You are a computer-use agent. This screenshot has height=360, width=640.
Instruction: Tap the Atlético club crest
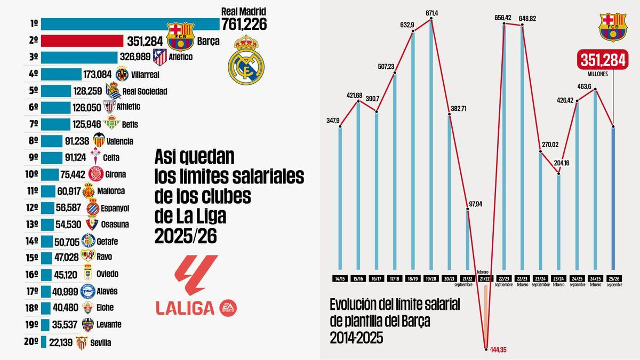coord(159,57)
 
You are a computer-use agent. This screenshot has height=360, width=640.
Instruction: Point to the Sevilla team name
coord(101,343)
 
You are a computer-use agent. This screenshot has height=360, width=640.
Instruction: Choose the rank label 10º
coord(31,174)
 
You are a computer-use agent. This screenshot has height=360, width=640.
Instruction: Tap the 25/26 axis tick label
coord(614,278)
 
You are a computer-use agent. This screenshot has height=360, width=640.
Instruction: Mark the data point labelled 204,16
coord(558,172)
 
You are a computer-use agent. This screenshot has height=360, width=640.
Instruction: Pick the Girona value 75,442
coord(73,174)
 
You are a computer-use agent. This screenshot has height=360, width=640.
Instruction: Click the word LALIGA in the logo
coord(185,307)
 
